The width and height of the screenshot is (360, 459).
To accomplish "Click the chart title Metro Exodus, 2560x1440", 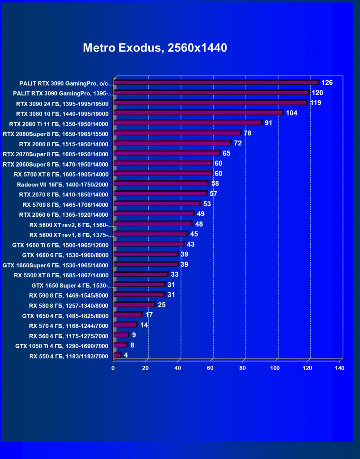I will coord(155,48).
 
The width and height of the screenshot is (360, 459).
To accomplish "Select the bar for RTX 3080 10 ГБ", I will coord(198,113).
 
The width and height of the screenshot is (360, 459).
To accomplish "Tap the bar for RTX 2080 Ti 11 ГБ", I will coord(188,123).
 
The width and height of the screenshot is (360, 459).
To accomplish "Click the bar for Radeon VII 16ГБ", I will coord(161,184).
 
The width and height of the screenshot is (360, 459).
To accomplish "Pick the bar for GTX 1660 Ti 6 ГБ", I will coord(149,244).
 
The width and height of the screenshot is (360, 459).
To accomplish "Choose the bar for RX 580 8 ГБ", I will coord(134,305).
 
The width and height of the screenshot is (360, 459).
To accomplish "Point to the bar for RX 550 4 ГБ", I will coord(117,355).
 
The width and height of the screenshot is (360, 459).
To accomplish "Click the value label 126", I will coord(327,83).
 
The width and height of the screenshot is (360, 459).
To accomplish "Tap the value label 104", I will coord(292,113).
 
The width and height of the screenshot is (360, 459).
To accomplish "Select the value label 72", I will coord(238,143).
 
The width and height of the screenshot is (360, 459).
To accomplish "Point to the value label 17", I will coord(149,315).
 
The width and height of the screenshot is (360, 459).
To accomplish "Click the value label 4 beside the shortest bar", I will coord(126,355).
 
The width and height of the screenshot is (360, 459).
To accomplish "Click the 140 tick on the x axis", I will coord(340,368).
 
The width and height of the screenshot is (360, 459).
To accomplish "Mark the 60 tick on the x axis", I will coord(211,368).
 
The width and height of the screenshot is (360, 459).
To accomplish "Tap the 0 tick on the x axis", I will coord(113,368).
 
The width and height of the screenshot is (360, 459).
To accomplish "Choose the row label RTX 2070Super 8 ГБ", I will coord(56,154).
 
